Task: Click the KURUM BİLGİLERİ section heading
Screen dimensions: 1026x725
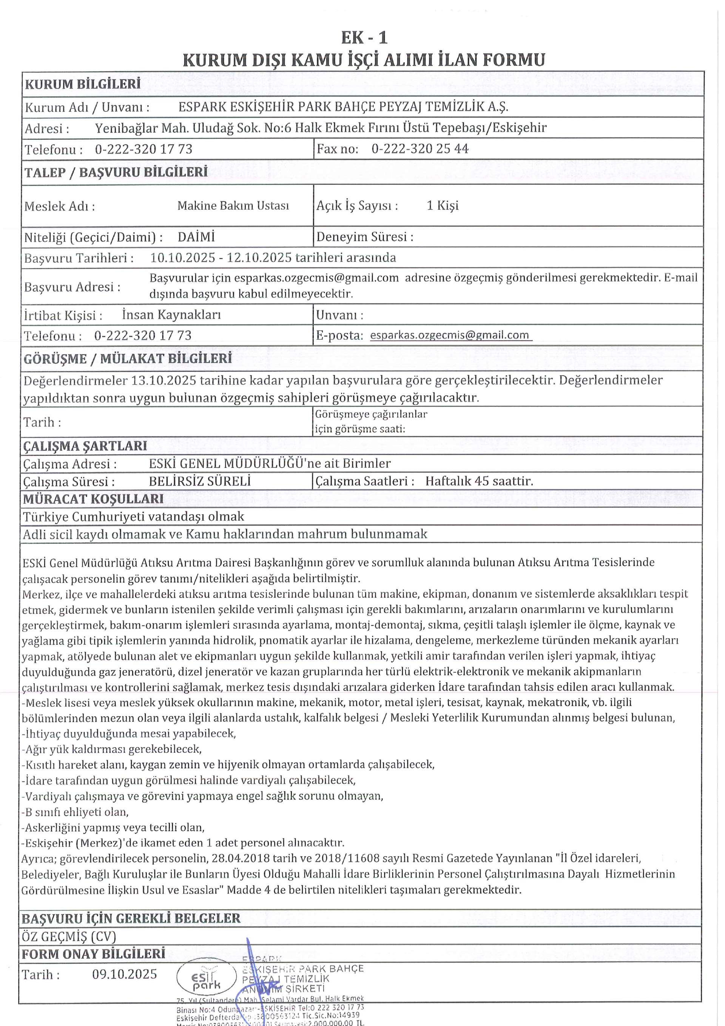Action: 83,84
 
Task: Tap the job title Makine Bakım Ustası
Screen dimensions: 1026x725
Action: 233,206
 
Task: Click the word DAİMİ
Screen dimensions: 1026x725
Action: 196,237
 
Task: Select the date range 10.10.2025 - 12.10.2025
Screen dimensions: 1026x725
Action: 221,257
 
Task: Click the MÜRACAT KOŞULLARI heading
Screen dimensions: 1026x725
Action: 93,499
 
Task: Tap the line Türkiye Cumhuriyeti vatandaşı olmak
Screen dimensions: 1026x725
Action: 133,517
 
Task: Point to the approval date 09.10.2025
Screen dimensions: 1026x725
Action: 125,974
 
